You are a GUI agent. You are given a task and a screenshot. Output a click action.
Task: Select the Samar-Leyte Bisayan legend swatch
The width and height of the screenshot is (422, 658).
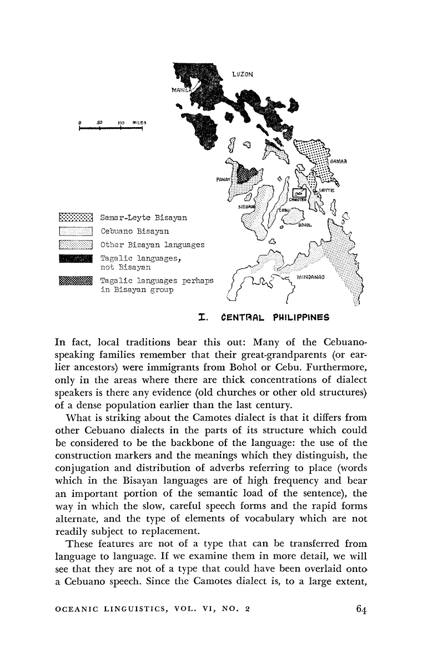pos(78,217)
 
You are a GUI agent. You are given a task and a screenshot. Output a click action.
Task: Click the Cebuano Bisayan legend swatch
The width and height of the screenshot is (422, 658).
pos(78,231)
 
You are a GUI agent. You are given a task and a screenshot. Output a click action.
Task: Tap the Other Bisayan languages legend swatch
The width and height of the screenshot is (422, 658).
pos(78,244)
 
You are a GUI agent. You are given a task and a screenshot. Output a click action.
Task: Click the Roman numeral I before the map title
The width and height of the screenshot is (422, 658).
pos(204,318)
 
